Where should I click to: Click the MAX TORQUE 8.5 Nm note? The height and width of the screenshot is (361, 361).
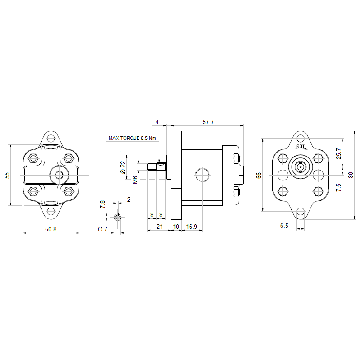tap(132, 138)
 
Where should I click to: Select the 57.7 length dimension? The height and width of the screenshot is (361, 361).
tap(208, 122)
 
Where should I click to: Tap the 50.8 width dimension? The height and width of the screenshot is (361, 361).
tap(51, 229)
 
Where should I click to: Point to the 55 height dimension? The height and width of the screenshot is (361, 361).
tap(7, 175)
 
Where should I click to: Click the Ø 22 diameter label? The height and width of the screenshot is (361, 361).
tap(123, 167)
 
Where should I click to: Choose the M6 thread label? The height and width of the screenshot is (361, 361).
tap(135, 180)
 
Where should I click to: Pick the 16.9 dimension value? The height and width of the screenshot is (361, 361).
tap(191, 227)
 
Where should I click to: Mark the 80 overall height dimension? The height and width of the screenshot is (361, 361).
tap(351, 175)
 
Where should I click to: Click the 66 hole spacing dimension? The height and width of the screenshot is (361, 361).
tap(259, 175)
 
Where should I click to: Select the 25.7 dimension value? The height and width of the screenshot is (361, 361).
tap(338, 153)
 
